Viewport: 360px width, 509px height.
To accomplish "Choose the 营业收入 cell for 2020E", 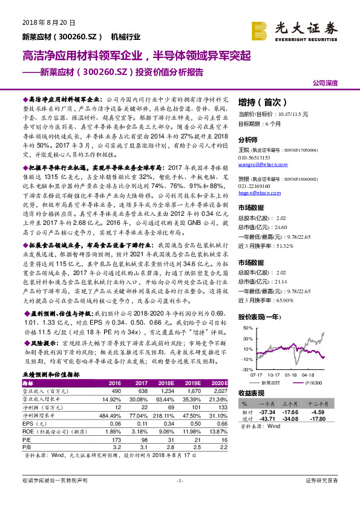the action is coord(219,391).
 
